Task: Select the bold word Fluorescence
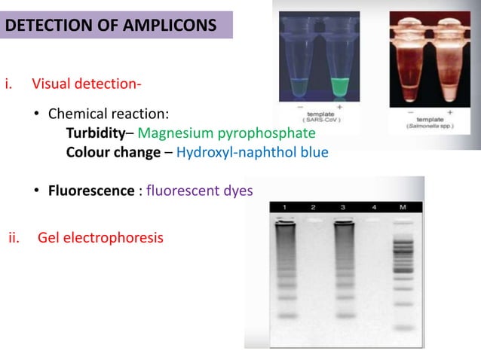pos(90,191)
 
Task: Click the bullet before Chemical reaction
pos(36,115)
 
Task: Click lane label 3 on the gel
pos(343,206)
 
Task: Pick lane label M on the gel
pos(403,206)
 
